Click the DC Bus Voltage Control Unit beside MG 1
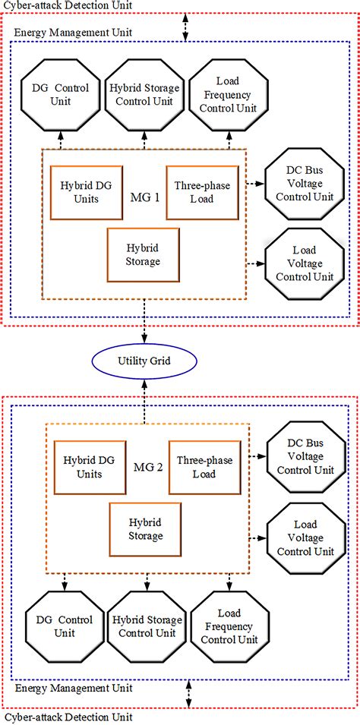[x=299, y=184]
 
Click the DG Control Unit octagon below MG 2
[x=61, y=622]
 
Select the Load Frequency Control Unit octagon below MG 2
[x=226, y=622]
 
